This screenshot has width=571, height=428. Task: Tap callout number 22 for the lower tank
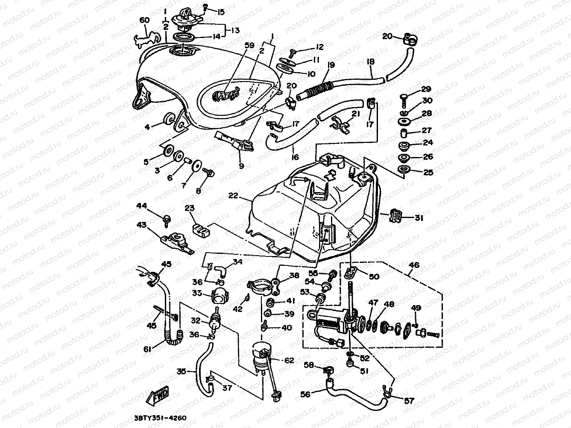233,195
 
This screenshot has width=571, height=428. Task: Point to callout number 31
419,218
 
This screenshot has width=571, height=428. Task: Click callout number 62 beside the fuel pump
289,361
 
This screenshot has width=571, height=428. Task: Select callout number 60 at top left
145,21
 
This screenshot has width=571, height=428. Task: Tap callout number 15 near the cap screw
220,12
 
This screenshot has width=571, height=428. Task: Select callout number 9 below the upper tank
241,166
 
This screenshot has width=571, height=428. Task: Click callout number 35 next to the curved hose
182,371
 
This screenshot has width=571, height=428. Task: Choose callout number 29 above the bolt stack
426,89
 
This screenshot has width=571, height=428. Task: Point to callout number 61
147,349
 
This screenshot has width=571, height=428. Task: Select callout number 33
197,293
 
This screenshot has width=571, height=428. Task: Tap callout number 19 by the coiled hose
331,65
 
